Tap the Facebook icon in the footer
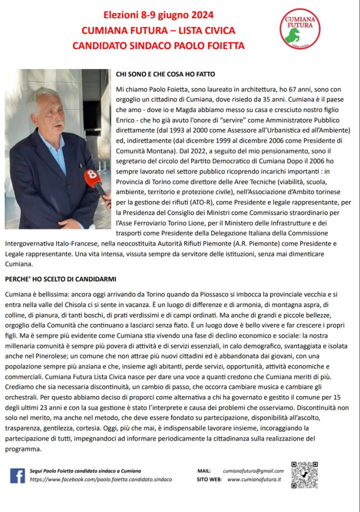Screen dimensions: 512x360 (x=17, y=475)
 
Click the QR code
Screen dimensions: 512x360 (x=304, y=475)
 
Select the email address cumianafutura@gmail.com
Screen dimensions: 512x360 (x=253, y=470)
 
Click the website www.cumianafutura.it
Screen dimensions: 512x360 (x=254, y=479)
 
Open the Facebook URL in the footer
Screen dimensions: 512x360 (x=100, y=479)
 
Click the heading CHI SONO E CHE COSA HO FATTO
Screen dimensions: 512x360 (x=165, y=74)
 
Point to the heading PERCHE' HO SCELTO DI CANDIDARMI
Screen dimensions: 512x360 (x=60, y=278)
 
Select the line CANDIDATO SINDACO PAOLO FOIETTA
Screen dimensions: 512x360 (x=158, y=46)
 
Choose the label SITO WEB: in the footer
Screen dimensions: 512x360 (x=209, y=479)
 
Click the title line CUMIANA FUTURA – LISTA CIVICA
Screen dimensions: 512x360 (x=158, y=30)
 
